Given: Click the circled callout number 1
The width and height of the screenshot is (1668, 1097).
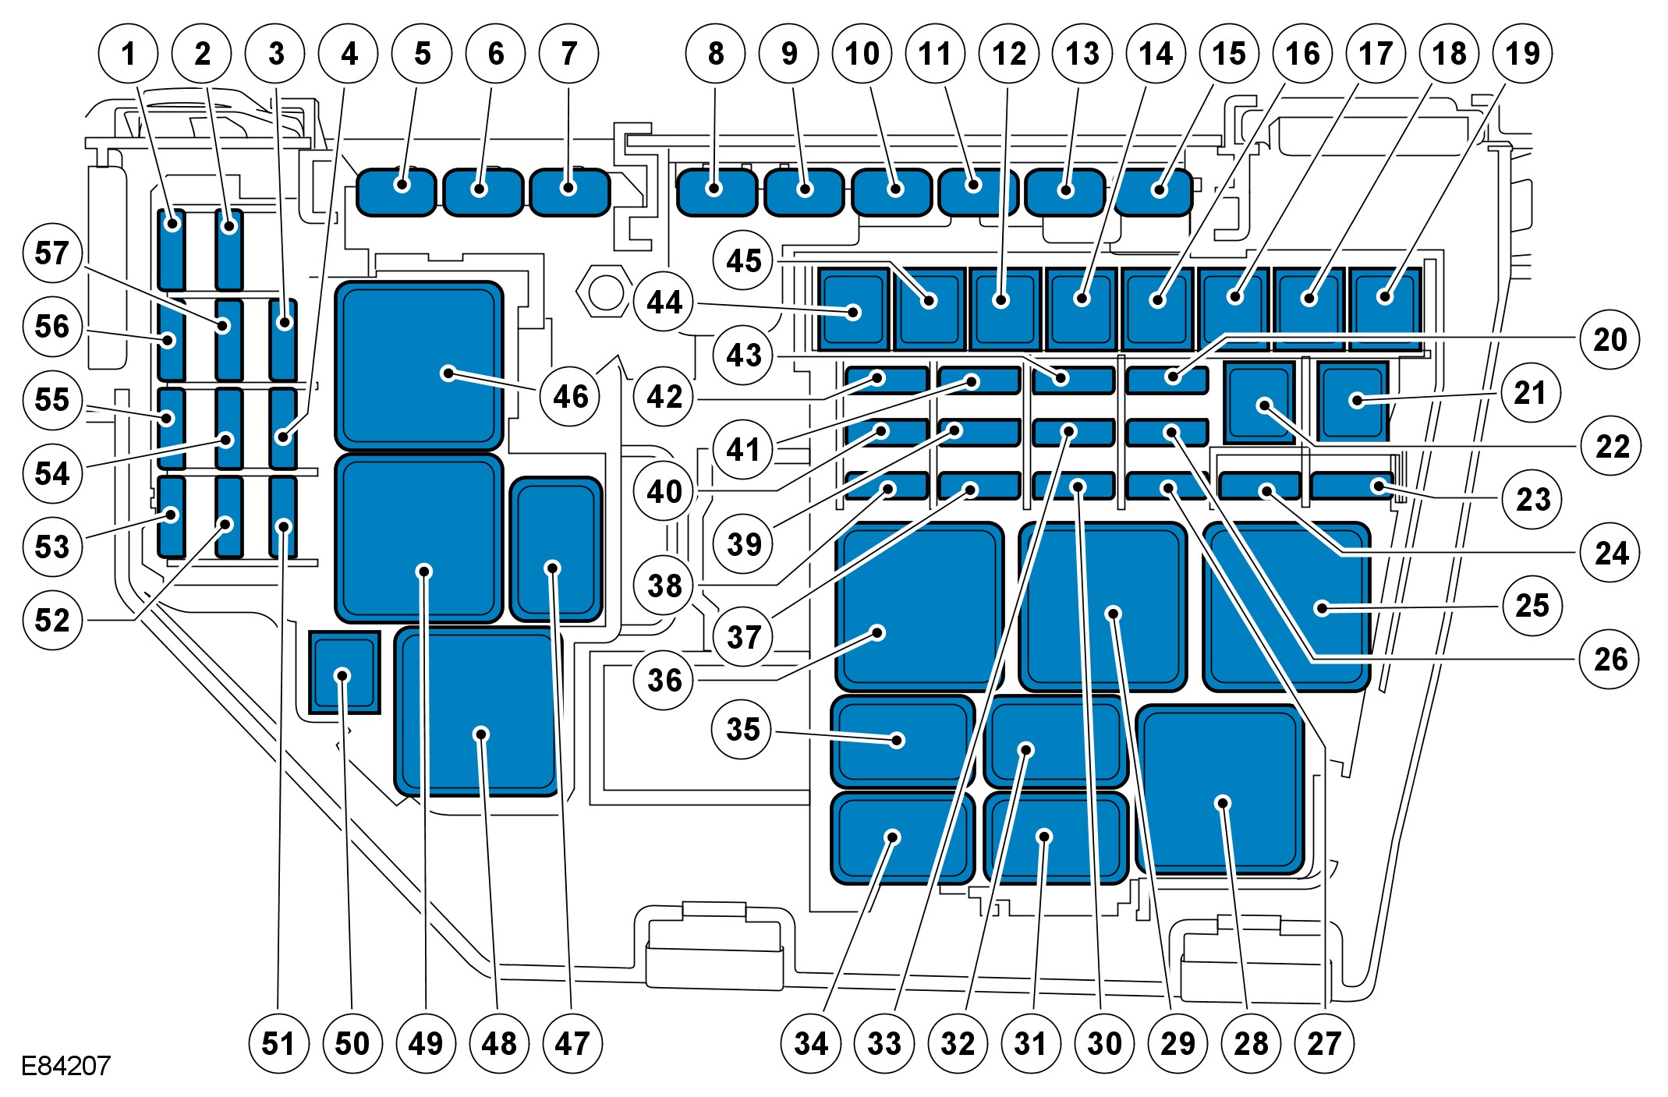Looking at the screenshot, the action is point(129,54).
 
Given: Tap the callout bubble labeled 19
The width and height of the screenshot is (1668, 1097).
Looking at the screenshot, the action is point(1522,54).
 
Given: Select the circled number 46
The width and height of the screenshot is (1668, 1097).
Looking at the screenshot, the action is point(570,397).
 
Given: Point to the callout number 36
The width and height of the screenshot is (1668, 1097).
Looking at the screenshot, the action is point(664,680).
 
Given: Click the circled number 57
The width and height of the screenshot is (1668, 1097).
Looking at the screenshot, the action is point(52,253).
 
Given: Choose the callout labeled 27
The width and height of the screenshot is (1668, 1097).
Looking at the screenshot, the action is point(1324,1043).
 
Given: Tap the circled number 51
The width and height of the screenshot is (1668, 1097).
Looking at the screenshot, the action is point(278,1043).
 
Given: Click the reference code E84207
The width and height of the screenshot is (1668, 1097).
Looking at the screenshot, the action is point(66,1066).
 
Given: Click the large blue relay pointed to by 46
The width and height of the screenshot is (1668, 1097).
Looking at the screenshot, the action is point(419,365).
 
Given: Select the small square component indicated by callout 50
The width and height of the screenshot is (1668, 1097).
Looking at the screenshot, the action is point(344,672).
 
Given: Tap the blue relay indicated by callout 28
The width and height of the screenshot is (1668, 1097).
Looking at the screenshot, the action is point(1220,789).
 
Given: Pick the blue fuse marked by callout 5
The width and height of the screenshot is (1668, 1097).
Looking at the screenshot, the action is point(396,192).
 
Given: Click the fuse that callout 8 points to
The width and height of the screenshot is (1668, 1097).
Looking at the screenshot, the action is point(717,192).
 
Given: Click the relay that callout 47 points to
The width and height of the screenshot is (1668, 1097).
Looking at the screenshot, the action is point(555,549).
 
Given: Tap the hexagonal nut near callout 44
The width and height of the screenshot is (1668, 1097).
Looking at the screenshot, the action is point(604,294).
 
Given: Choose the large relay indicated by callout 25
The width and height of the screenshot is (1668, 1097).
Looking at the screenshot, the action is point(1287,607).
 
